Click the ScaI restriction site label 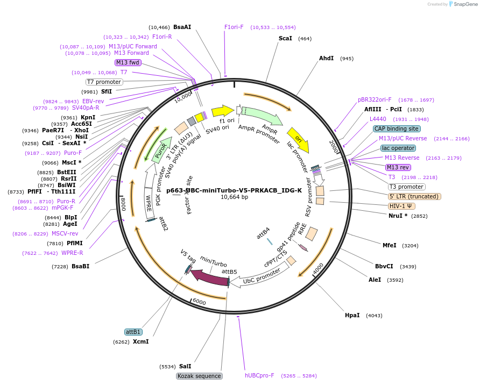[285, 38]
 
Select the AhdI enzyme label [326, 58]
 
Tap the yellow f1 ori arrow [222, 111]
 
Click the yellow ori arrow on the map [298, 139]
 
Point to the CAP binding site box [397, 129]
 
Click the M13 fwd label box [128, 62]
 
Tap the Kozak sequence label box [199, 376]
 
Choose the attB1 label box [133, 332]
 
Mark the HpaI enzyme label [352, 315]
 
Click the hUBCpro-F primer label [259, 376]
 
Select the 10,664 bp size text [234, 197]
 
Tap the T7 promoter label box [104, 82]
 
